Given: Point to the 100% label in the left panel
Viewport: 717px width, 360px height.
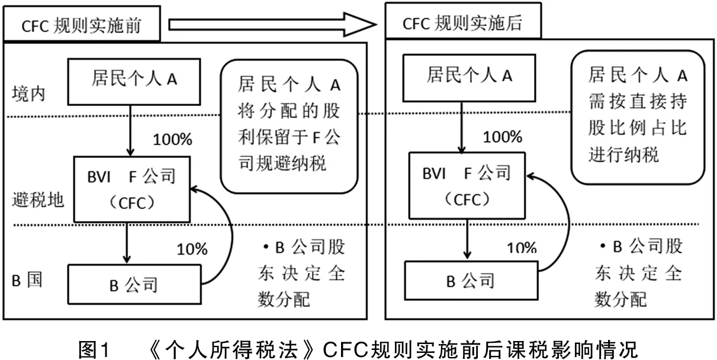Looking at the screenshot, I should point(173,141).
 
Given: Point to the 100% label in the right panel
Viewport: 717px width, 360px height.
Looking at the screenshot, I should point(503,137).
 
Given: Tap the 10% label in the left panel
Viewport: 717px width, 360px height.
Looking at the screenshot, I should point(192,249).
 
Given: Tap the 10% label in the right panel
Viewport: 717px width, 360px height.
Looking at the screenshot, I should point(521,247).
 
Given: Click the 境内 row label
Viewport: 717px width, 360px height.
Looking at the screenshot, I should point(28,94).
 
